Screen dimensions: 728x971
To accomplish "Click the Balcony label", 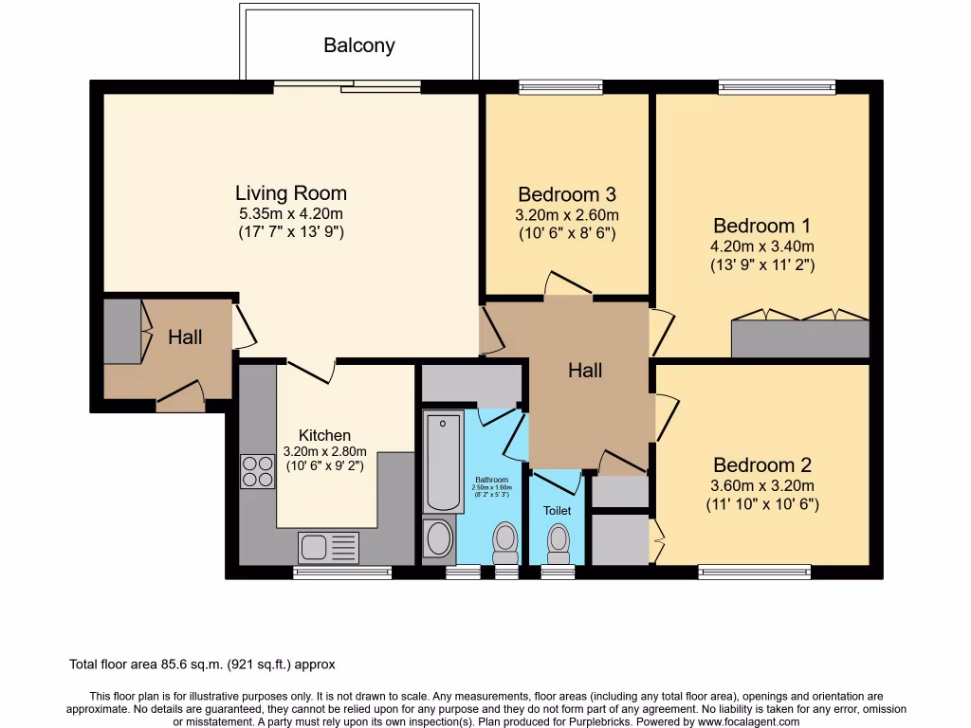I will [359, 45].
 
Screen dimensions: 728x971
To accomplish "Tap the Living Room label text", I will [290, 193].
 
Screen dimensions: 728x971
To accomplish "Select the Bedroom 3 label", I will [566, 194].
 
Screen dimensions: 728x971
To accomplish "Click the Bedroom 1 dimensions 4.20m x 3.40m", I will [762, 246].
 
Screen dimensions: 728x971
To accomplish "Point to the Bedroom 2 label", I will [762, 465].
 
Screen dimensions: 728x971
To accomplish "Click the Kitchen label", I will [324, 435].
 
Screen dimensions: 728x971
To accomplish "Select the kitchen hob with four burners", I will [257, 471].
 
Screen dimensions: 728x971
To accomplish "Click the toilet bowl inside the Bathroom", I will [505, 542].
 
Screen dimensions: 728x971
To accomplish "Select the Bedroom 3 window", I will [560, 87].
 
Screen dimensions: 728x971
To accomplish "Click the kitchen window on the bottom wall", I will [342, 573].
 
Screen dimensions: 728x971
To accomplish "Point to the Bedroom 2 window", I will [755, 572].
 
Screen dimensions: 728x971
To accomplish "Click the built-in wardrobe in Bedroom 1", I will [799, 338].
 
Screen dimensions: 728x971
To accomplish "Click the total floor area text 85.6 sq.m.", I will [202, 664].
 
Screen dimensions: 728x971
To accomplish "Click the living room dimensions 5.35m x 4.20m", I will [290, 213].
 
